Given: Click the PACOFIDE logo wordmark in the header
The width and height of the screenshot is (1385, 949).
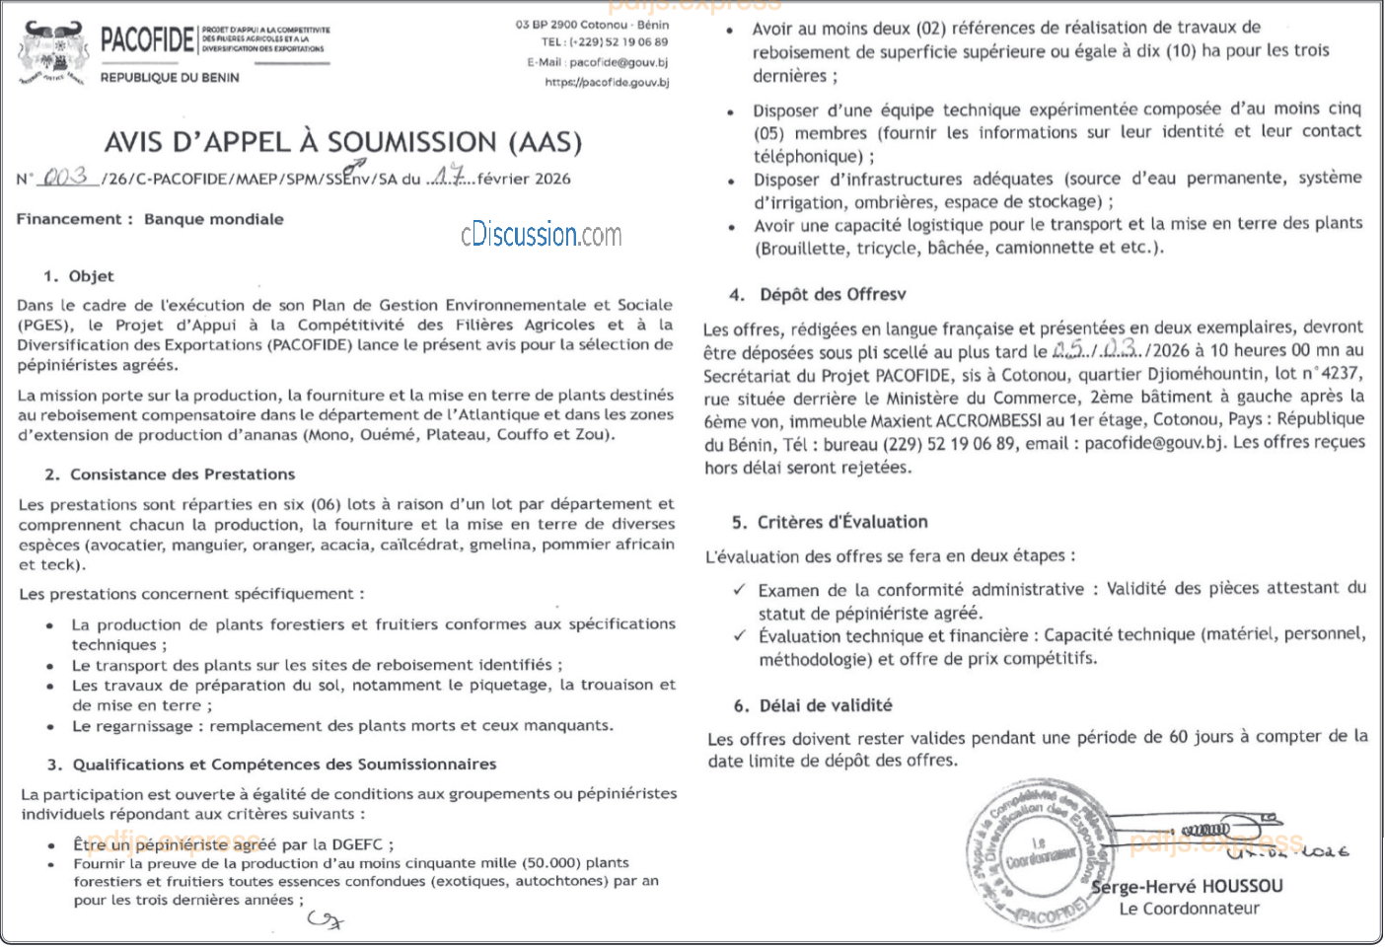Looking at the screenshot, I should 147,39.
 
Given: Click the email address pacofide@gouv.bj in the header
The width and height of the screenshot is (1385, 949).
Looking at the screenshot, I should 619,62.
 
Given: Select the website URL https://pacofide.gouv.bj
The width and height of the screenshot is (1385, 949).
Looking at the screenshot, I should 607,83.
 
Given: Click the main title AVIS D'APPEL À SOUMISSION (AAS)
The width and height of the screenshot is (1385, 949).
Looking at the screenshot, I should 343,142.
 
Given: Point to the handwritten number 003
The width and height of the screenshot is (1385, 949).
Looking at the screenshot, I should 65,177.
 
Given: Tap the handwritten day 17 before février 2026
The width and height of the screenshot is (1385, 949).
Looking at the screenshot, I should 450,178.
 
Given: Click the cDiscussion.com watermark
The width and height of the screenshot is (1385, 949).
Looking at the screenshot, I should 541,235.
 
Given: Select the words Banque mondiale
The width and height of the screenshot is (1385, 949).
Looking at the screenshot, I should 214,219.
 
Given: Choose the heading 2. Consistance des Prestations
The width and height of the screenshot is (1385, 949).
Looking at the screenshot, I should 171,474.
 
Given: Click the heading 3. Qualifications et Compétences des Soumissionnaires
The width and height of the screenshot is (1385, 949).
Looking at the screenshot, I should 272,765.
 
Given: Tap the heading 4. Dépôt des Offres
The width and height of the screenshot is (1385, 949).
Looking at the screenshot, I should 819,294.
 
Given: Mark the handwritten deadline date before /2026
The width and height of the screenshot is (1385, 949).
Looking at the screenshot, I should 1094,350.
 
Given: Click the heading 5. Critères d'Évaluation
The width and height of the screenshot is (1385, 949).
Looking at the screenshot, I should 831,522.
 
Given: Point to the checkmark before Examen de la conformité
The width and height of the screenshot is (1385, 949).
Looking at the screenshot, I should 739,590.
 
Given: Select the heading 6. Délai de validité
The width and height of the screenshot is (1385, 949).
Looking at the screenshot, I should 813,705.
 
